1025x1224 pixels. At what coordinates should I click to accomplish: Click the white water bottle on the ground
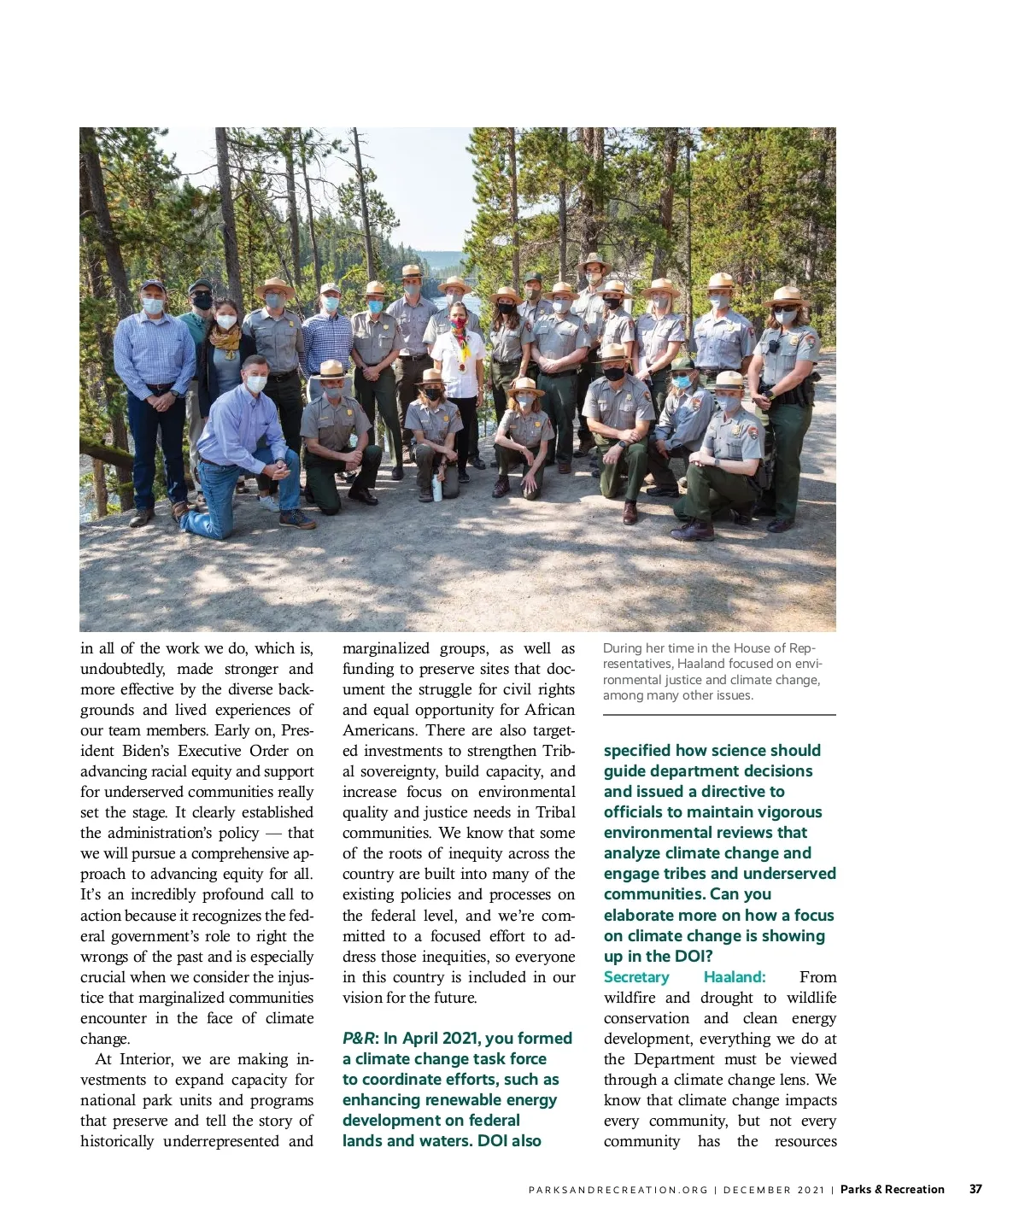pyautogui.click(x=437, y=488)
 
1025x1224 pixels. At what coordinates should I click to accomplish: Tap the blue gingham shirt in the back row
pyautogui.click(x=327, y=340)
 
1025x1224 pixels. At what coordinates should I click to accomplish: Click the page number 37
pyautogui.click(x=975, y=1189)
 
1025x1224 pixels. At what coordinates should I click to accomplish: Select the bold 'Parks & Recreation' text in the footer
pyautogui.click(x=892, y=1189)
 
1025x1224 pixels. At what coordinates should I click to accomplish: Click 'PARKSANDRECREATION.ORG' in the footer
pyautogui.click(x=618, y=1190)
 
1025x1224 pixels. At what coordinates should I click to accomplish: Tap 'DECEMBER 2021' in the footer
pyautogui.click(x=774, y=1190)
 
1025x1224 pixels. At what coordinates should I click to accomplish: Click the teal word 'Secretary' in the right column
pyautogui.click(x=636, y=977)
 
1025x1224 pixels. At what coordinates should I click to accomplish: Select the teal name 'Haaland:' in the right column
pyautogui.click(x=734, y=977)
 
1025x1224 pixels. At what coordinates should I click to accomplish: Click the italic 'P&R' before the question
pyautogui.click(x=358, y=1039)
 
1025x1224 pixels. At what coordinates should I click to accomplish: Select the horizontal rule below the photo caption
pyautogui.click(x=719, y=715)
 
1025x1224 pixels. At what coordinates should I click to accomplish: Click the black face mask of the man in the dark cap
pyautogui.click(x=202, y=302)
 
